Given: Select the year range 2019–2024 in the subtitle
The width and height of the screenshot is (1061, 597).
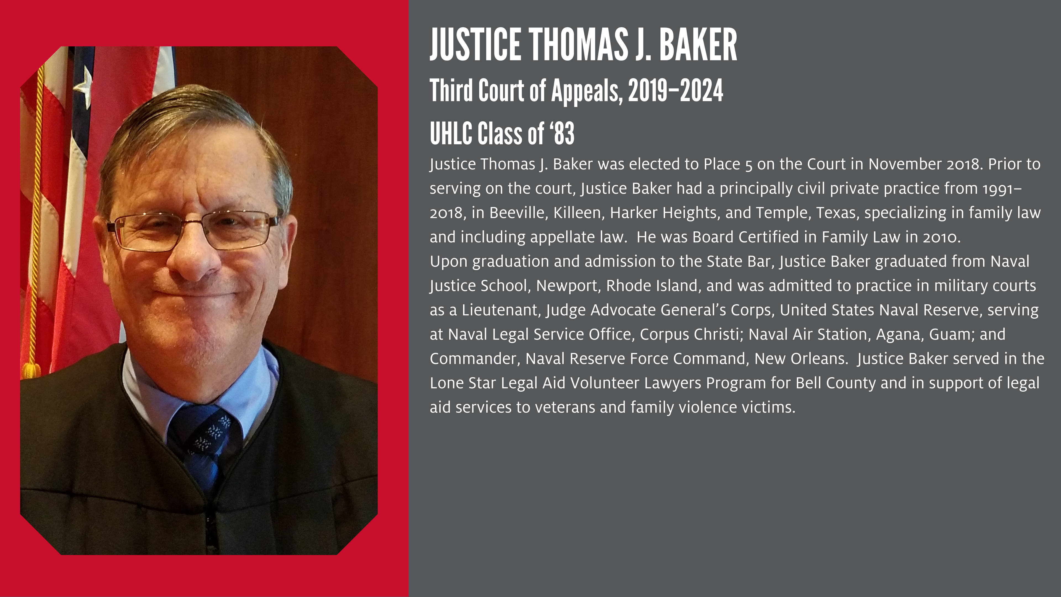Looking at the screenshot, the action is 676,91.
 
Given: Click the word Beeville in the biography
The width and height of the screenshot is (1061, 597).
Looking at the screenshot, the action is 519,213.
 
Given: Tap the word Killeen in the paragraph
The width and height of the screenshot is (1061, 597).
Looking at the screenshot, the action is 578,213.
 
